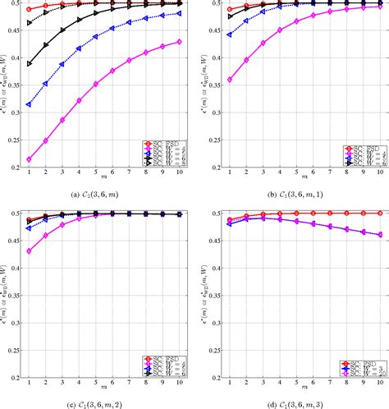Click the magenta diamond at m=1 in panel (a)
[29, 159]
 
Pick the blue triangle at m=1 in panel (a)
[29, 104]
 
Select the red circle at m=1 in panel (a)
[29, 10]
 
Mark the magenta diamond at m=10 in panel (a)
[180, 41]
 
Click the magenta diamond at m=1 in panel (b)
[230, 80]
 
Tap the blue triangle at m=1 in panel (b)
[230, 34]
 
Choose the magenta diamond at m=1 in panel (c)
[29, 251]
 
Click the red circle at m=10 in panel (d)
[381, 213]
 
